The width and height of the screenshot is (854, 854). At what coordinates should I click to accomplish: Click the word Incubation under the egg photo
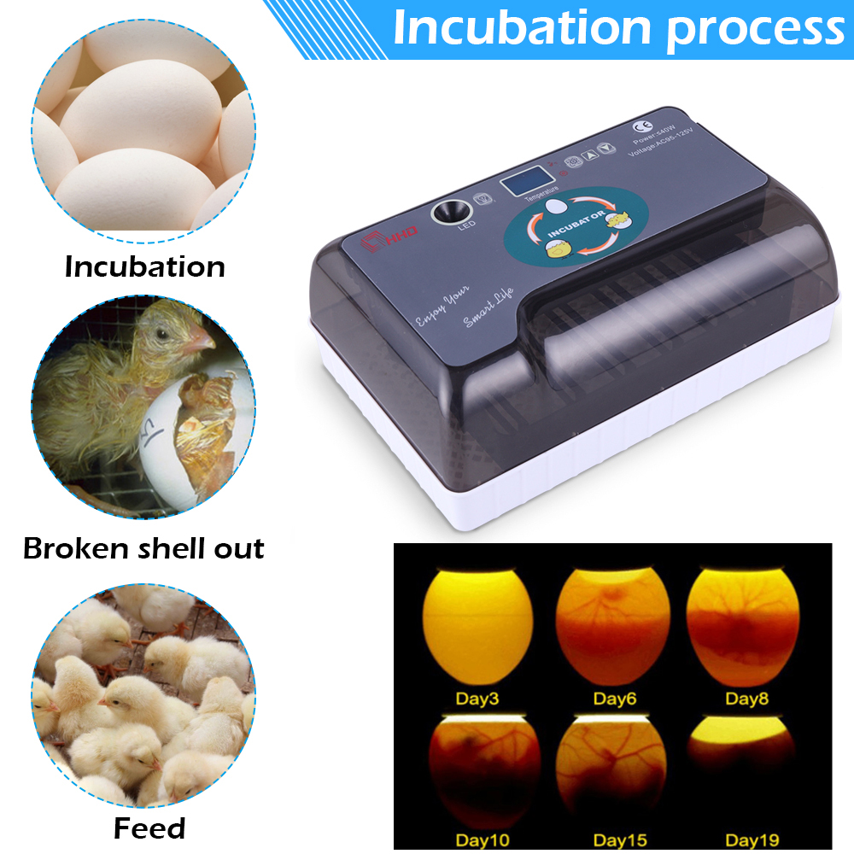(x=145, y=266)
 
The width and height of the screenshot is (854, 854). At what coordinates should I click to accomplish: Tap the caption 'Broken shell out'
(x=143, y=548)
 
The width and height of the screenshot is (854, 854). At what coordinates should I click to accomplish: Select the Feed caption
(x=149, y=828)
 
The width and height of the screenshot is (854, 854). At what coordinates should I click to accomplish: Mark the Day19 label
(x=749, y=839)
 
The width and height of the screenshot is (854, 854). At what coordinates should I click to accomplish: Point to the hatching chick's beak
(x=202, y=342)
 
